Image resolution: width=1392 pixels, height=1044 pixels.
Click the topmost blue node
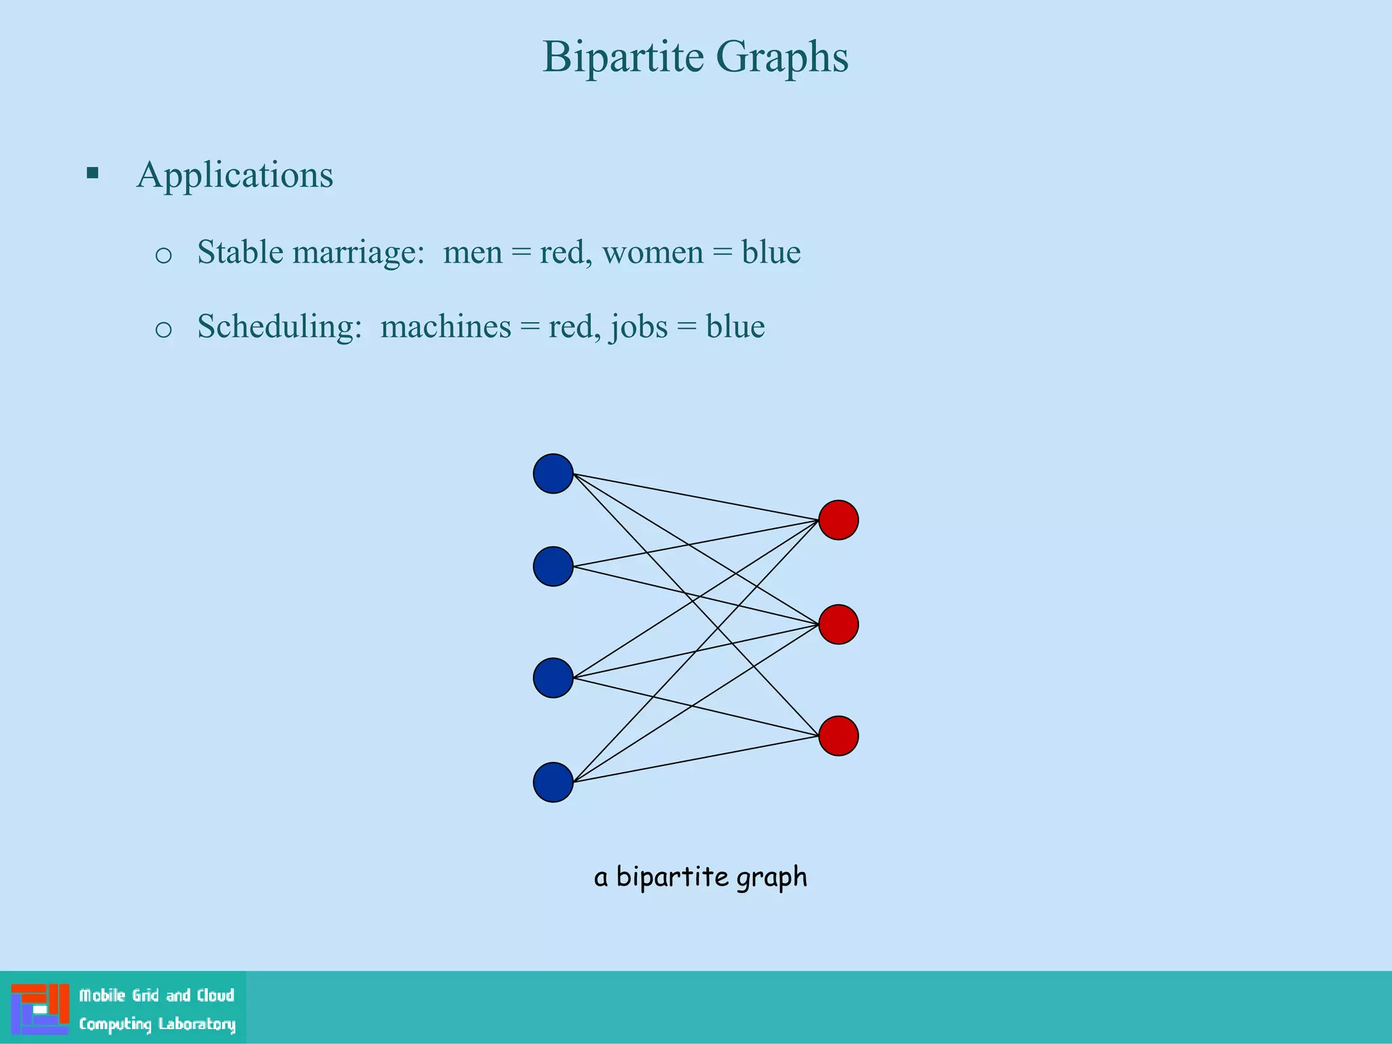point(553,474)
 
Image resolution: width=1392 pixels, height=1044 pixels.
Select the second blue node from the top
point(553,566)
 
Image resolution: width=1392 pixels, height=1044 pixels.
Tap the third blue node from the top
point(553,678)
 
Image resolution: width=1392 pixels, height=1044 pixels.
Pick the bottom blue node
point(553,782)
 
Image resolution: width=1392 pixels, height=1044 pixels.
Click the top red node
point(838,520)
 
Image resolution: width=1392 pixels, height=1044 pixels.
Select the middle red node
point(838,625)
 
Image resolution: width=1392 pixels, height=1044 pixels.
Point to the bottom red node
point(838,736)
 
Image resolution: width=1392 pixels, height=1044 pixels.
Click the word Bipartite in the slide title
point(623,57)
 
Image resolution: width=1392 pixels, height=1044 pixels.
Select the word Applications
point(234,175)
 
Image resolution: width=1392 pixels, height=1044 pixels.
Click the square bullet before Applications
point(92,173)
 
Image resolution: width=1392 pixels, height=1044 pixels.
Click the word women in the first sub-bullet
point(652,253)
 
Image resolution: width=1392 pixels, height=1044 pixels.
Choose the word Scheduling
point(279,327)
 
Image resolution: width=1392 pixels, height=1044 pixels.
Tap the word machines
point(445,327)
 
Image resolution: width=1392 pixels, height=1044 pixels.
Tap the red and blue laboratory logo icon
point(40,1009)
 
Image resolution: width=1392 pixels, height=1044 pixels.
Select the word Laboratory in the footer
point(196,1024)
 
